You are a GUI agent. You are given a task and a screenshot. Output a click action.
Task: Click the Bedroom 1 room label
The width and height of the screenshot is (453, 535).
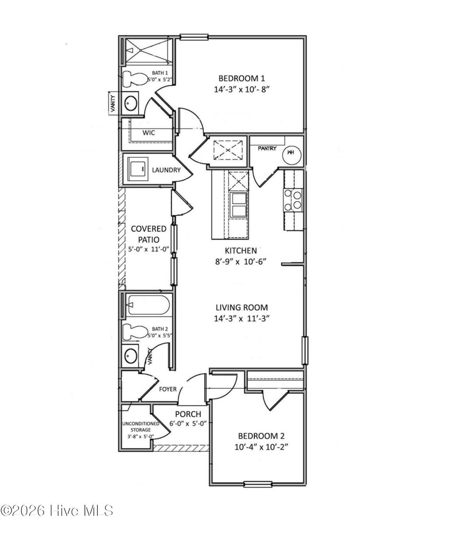coord(242,78)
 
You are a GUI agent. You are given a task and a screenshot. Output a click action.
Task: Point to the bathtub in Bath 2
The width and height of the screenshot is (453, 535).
coord(146,306)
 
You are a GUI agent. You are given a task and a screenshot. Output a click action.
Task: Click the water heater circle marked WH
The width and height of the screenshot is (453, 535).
coord(291,152)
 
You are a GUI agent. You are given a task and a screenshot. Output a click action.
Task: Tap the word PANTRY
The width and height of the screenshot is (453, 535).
coord(267,148)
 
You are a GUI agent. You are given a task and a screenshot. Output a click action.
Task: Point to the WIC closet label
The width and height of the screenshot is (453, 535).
coord(148,133)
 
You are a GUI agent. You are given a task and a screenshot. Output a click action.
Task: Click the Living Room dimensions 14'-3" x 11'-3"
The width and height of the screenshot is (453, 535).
coord(242,318)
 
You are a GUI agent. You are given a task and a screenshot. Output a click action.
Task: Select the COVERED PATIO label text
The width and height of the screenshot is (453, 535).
coord(149,234)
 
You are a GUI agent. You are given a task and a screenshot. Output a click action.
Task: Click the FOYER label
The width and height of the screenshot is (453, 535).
coord(168,389)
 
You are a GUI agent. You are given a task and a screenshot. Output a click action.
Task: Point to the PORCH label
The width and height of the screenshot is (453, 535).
coord(188,414)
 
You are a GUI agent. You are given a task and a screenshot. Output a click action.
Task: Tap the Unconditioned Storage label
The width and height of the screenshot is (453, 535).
coord(140,426)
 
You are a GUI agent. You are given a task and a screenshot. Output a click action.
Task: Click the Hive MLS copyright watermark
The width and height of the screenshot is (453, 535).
coord(57,511)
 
